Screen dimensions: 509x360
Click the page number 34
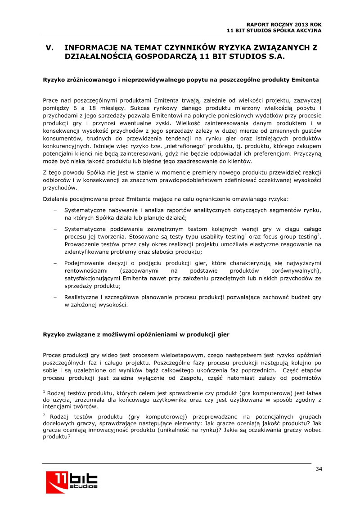coord(319,469)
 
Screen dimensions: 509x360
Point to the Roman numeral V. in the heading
coord(50,48)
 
